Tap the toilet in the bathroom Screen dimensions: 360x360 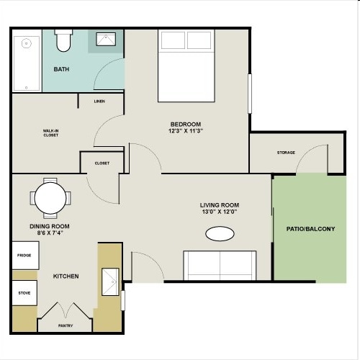tap(63, 42)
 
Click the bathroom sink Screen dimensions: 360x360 tap(104, 41)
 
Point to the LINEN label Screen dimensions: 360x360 tap(99, 102)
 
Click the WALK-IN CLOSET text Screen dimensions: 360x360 tap(50, 133)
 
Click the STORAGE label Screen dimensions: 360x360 tap(287, 153)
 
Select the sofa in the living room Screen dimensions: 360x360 tap(220, 265)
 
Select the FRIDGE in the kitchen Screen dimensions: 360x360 tap(24, 256)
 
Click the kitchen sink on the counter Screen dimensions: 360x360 tap(110, 282)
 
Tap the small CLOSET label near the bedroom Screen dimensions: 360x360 tap(102, 163)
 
